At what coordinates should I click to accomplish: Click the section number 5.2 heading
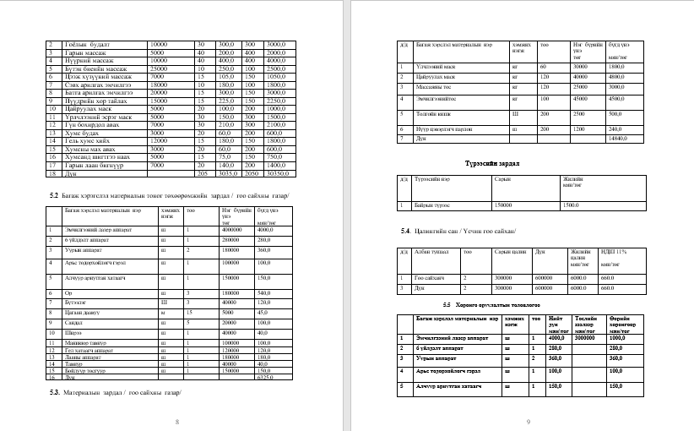[x=52, y=195]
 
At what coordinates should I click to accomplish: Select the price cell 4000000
[x=232, y=229]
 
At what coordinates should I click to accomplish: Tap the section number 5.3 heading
[x=54, y=393]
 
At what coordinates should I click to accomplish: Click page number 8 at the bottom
[x=176, y=421]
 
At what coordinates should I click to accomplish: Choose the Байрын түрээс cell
[x=431, y=205]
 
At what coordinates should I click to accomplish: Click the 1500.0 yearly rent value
[x=572, y=205]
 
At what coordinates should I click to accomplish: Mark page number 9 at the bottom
[x=527, y=421]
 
